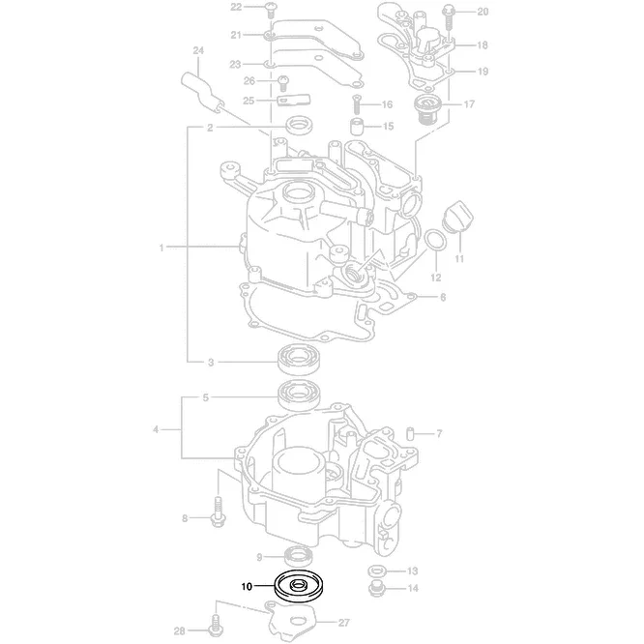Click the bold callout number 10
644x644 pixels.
click(247, 587)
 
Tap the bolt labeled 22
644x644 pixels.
click(270, 10)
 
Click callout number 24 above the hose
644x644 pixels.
click(198, 50)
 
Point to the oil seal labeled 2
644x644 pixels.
click(299, 125)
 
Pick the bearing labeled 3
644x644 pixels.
click(299, 361)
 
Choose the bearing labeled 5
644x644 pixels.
click(299, 395)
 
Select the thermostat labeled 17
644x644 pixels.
click(427, 109)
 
